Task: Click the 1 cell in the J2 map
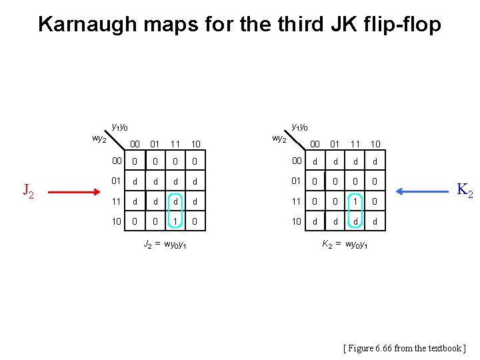[x=175, y=221]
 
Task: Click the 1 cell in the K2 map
[x=355, y=201]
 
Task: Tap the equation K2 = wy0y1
[x=344, y=245]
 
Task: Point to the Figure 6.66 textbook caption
[x=404, y=347]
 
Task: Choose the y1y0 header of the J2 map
[x=119, y=127]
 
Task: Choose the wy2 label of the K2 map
[x=279, y=139]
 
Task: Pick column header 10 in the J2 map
[x=196, y=144]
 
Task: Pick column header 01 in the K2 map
[x=335, y=144]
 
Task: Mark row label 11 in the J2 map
[x=116, y=201]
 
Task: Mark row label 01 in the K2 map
[x=296, y=181]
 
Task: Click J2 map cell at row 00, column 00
[x=135, y=161]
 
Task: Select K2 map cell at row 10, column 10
[x=375, y=221]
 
